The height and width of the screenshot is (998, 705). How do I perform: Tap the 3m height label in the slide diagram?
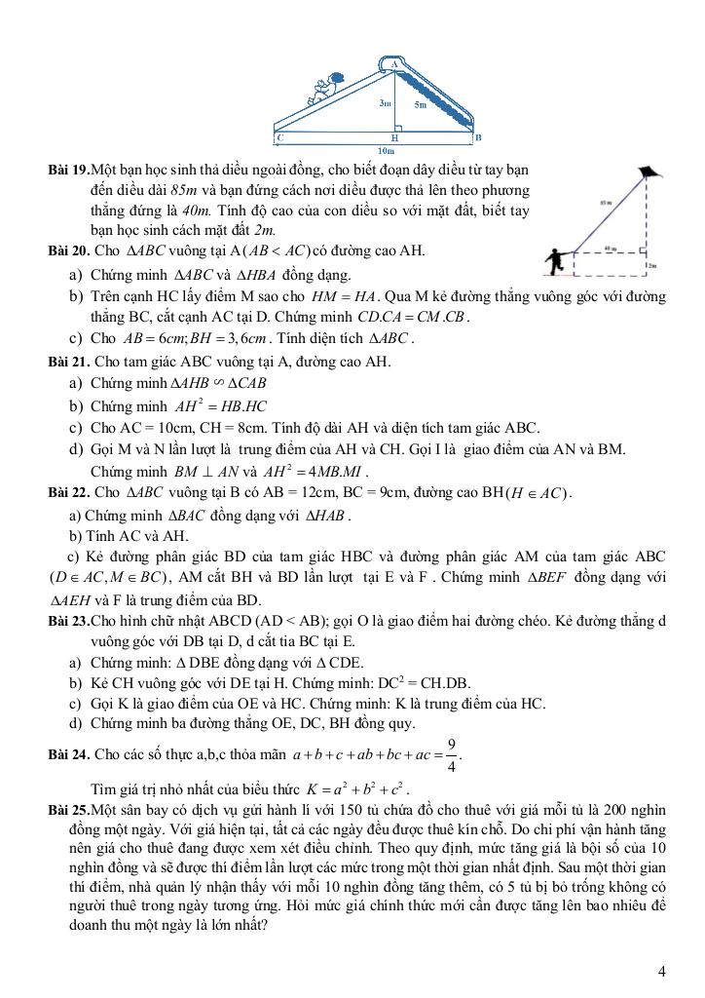click(386, 101)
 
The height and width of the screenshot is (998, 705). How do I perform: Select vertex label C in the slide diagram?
click(279, 138)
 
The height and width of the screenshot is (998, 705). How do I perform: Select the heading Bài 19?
click(67, 170)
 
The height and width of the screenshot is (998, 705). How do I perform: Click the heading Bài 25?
click(67, 810)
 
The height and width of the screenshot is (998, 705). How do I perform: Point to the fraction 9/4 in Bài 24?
click(451, 750)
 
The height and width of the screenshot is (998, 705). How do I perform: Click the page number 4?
click(662, 971)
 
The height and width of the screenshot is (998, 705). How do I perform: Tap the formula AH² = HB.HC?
click(221, 405)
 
